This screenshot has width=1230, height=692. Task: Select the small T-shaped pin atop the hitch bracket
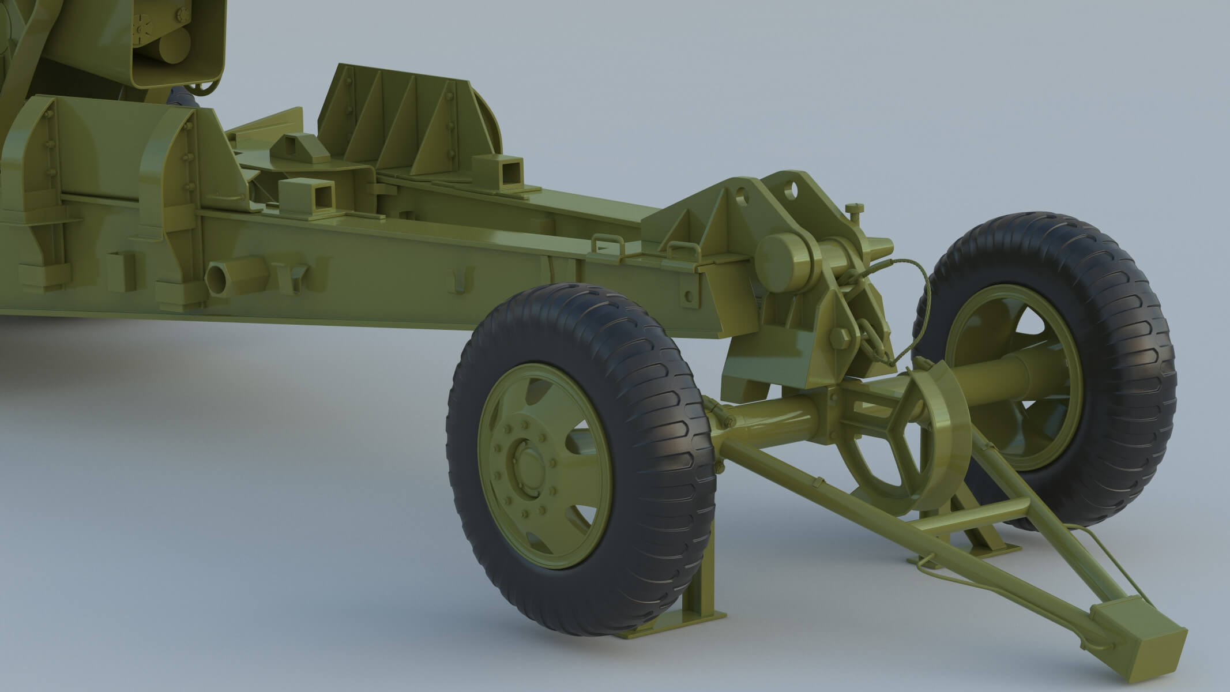854,212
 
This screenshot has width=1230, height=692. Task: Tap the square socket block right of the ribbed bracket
500,171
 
